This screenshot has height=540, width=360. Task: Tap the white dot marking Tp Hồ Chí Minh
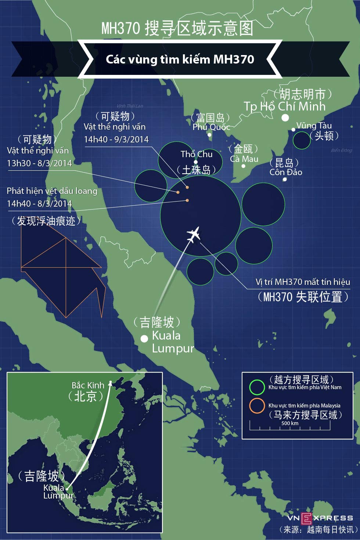pos(285,118)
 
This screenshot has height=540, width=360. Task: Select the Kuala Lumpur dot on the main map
pos(144,338)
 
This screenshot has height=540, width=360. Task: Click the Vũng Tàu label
pos(314,126)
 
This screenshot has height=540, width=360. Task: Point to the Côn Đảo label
pos(286,172)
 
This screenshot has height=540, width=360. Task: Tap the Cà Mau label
pos(244,159)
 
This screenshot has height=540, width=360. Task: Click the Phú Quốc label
pos(211,127)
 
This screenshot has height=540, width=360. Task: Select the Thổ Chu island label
pos(197,154)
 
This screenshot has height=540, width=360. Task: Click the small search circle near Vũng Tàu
pos(302,140)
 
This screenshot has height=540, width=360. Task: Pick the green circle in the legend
pos(257,387)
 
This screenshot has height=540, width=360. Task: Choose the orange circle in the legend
pos(257,406)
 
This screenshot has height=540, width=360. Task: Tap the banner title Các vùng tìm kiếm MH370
pos(180,59)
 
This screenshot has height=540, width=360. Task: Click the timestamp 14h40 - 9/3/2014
pos(116,139)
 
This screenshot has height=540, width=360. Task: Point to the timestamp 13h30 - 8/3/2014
pos(39,163)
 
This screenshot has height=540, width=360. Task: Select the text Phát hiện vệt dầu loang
pos(52,191)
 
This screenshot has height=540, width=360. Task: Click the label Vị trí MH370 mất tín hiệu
pos(303,282)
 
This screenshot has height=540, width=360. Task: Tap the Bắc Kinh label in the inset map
pos(88,385)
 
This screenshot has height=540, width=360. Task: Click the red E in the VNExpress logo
pos(306,518)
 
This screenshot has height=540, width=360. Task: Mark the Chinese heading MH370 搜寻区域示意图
pos(177,28)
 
